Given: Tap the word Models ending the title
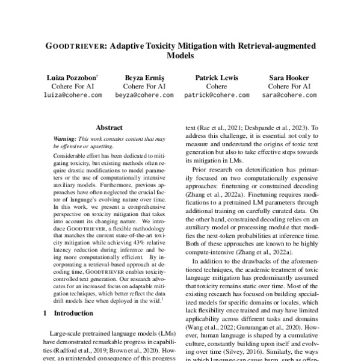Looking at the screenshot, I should pos(180,56).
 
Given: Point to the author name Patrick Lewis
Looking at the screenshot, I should pos(217,78).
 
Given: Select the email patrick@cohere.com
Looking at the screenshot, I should pos(217,95).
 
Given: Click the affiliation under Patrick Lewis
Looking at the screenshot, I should pos(217,87).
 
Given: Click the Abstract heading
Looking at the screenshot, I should pos(110,128).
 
